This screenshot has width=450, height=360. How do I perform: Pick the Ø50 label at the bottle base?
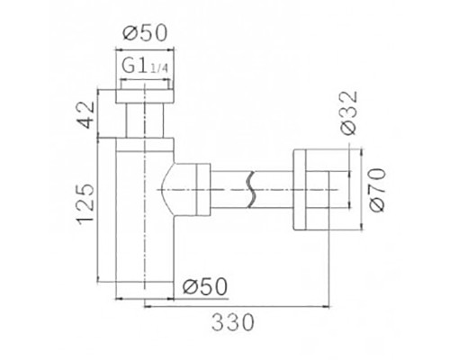click(203, 287)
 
